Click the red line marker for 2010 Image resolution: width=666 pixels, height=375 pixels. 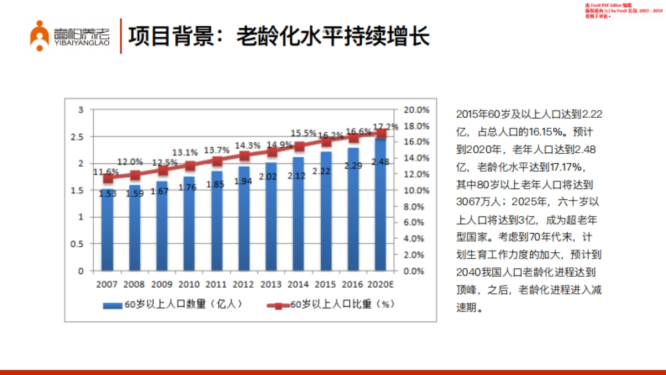[190, 166]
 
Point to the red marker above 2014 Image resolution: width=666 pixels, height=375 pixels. [299, 147]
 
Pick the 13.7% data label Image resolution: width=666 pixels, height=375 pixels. [216, 150]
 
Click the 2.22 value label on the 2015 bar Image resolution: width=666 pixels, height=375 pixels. [326, 172]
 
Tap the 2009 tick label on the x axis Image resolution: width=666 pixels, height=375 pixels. [161, 284]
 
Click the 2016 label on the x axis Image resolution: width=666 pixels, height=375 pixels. [353, 284]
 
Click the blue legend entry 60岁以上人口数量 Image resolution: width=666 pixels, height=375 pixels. [172, 304]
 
